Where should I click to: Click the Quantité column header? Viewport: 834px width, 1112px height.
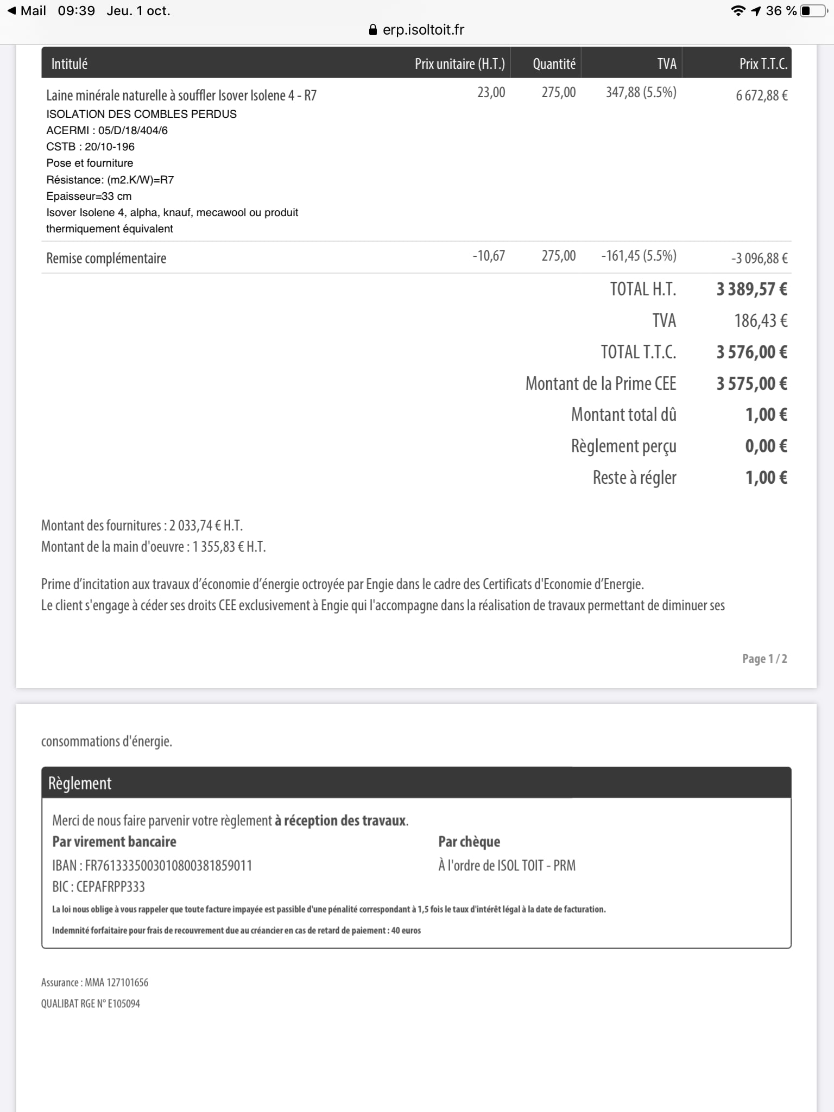(554, 64)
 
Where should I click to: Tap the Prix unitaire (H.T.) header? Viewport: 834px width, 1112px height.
(459, 64)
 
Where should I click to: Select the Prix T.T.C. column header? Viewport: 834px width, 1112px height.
(763, 64)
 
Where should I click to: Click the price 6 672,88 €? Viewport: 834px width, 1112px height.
(761, 96)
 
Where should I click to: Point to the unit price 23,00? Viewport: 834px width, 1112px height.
(491, 92)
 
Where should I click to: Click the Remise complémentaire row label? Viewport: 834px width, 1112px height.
(106, 258)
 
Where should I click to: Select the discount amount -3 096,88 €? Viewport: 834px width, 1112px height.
(759, 258)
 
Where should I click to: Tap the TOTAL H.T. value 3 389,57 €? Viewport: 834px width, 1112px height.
(751, 289)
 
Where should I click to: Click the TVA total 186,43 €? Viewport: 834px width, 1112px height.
(760, 321)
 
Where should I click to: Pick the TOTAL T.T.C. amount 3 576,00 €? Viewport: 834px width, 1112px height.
(751, 352)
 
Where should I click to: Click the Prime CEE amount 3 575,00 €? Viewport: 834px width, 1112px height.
(751, 384)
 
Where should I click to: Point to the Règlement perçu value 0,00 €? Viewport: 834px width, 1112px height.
(766, 446)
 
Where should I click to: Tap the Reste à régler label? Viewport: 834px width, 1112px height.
(634, 478)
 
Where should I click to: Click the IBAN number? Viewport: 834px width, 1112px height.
(168, 865)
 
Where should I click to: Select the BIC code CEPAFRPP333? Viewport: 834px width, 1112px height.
(111, 887)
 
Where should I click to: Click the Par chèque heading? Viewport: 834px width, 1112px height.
(469, 842)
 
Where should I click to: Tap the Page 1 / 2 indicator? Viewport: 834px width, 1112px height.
(764, 659)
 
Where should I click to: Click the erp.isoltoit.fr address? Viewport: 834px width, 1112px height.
(423, 30)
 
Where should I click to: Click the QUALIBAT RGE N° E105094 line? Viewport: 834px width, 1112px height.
(91, 1003)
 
